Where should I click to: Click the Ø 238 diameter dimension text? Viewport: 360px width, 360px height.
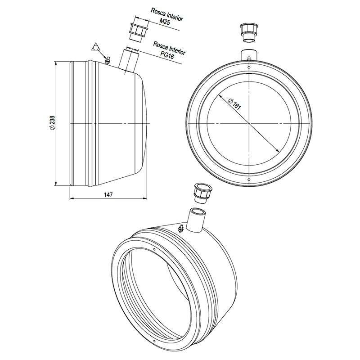[52, 123]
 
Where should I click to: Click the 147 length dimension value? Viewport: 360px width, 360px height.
[108, 195]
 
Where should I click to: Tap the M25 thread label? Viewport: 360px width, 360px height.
[165, 21]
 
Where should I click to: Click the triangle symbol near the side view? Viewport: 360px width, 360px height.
[95, 47]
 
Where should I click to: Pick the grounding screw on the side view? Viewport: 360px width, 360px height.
[107, 60]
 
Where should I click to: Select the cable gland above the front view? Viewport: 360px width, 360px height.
[249, 33]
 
